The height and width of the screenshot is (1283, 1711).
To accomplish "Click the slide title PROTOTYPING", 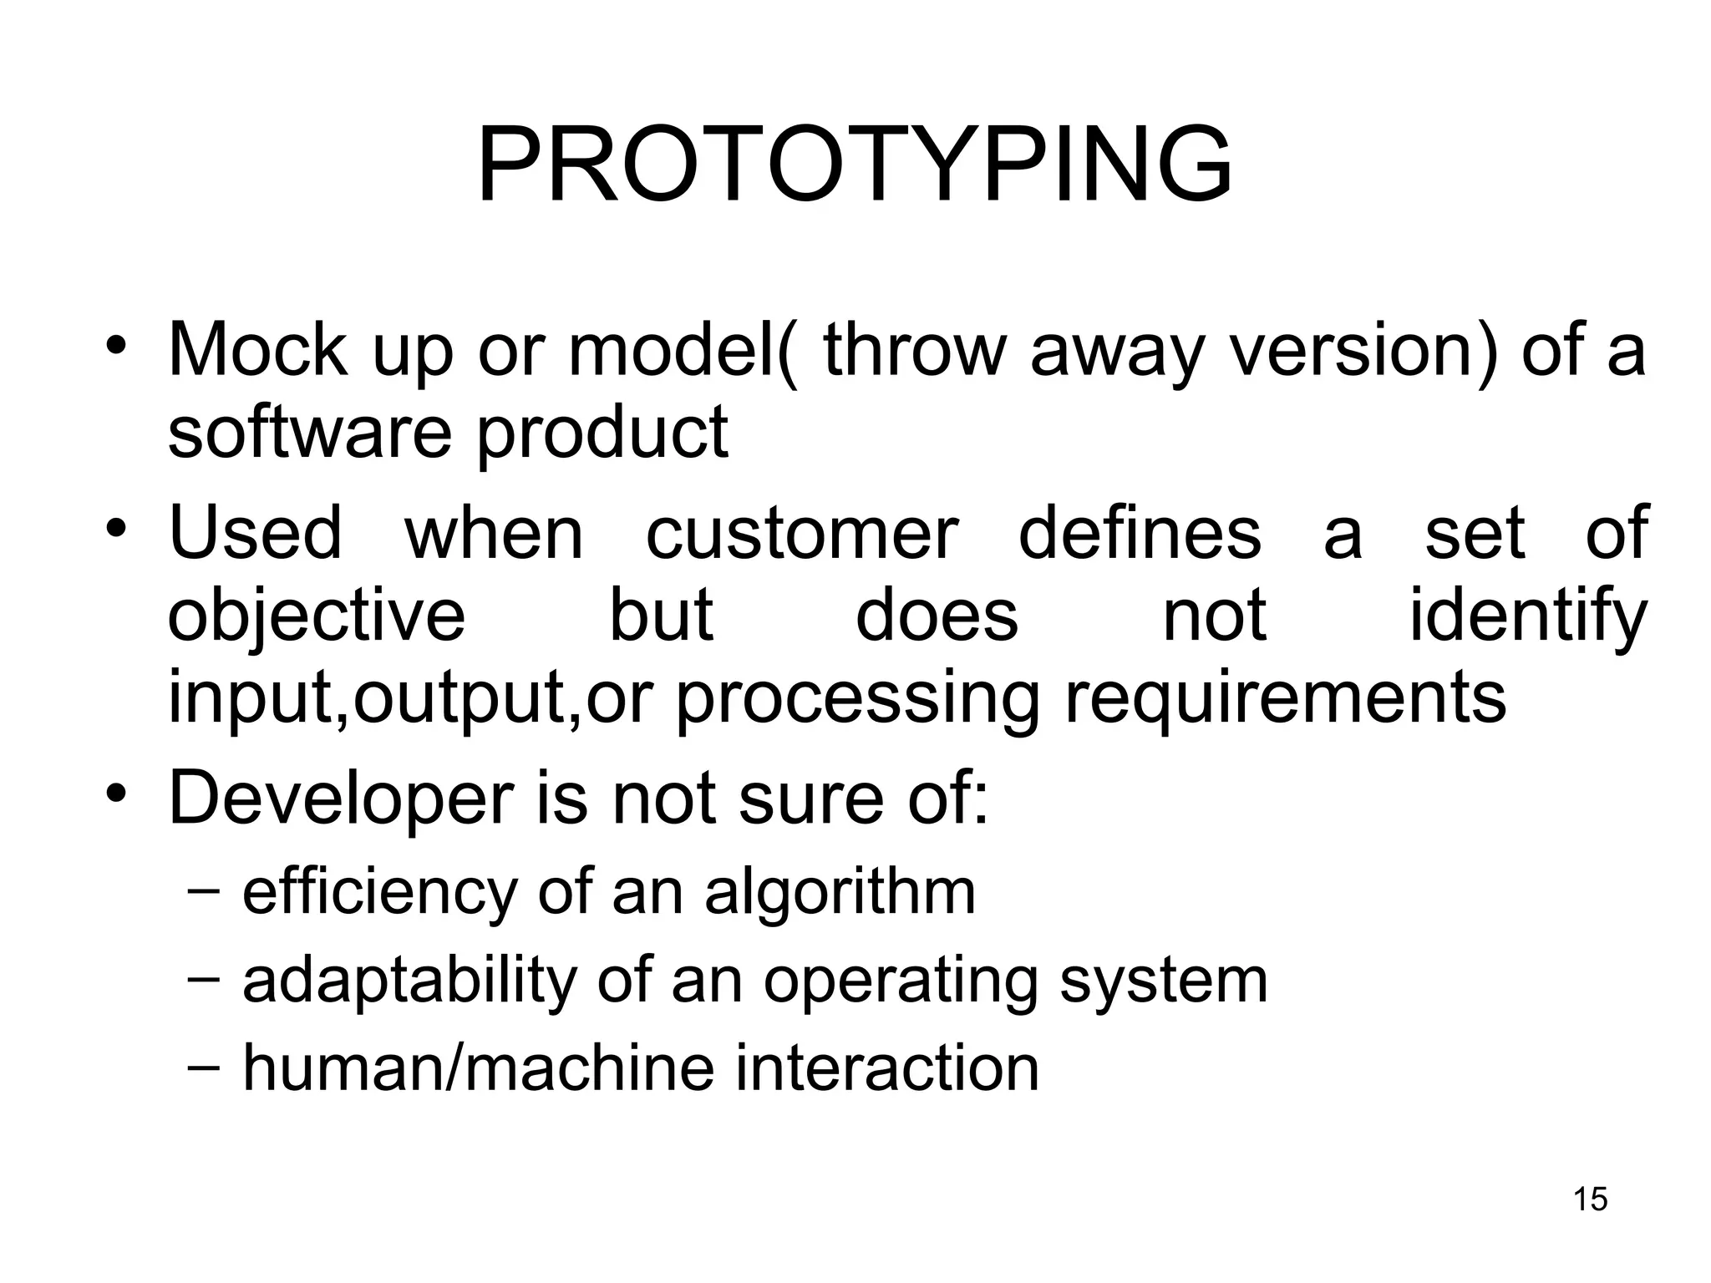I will pyautogui.click(x=854, y=165).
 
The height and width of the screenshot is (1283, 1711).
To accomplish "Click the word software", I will pyautogui.click(x=310, y=432).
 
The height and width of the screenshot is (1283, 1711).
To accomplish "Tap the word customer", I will pyautogui.click(x=802, y=535).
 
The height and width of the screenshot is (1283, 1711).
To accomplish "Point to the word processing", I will pyautogui.click(x=857, y=700).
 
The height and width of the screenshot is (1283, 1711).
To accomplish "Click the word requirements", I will pyautogui.click(x=1286, y=700).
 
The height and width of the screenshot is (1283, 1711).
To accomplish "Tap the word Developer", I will pyautogui.click(x=341, y=800).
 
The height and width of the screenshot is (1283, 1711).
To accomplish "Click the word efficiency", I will pyautogui.click(x=380, y=894).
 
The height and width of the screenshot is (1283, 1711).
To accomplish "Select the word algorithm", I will pyautogui.click(x=840, y=894).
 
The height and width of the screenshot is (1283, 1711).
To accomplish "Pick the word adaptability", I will pyautogui.click(x=409, y=981).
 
